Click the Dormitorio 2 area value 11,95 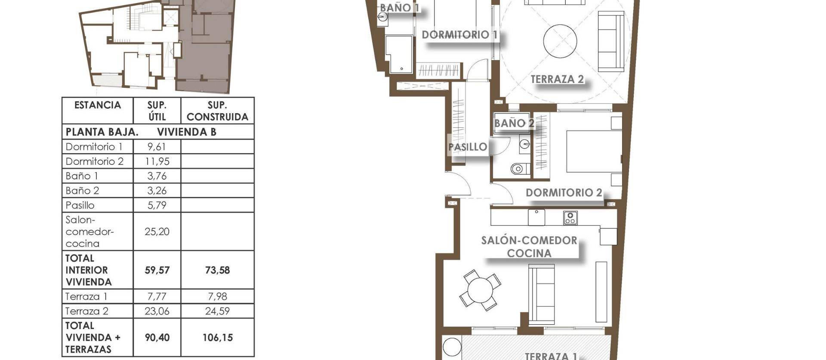tap(157, 161)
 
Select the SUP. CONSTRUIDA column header tap(217, 111)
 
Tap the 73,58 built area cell tap(217, 270)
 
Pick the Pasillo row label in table tap(80, 205)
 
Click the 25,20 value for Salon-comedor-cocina tap(157, 231)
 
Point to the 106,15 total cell tap(217, 338)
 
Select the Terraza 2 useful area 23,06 tap(157, 311)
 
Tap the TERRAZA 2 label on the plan tap(557, 80)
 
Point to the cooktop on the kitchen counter tap(570, 218)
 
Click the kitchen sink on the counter tap(536, 217)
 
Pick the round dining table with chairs tap(480, 290)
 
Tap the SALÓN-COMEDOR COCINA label tap(529, 247)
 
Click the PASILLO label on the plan tap(468, 147)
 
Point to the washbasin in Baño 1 tap(382, 17)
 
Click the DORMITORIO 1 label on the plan tap(459, 35)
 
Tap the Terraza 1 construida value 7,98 tap(217, 296)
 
